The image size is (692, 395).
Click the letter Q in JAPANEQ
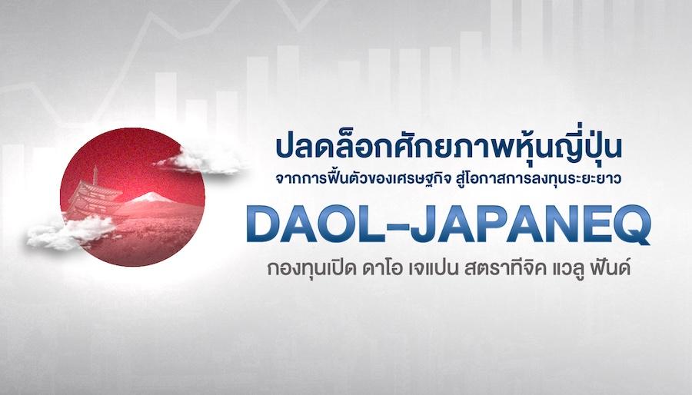pos(631,226)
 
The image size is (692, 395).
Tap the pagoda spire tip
pos(95,166)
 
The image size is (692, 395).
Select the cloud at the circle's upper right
pos(198,161)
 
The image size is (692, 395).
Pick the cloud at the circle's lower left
pos(71,232)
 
